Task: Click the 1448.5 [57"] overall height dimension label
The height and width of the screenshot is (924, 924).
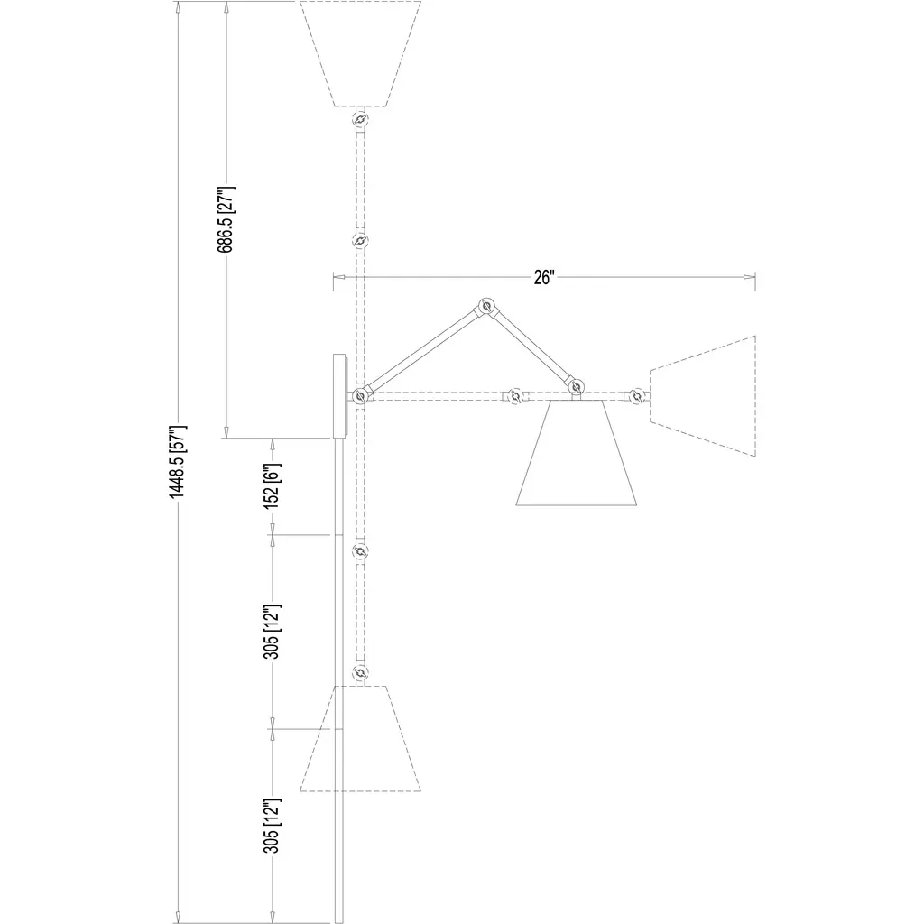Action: [x=178, y=461]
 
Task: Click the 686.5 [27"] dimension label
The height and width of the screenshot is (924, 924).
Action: [x=226, y=219]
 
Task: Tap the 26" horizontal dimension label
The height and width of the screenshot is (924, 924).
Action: [x=544, y=277]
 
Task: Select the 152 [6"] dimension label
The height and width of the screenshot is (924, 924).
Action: [x=273, y=486]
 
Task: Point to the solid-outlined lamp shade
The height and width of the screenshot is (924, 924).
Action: [x=577, y=453]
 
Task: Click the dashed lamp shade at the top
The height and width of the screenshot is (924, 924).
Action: [x=360, y=53]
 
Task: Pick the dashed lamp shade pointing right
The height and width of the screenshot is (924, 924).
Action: [x=702, y=396]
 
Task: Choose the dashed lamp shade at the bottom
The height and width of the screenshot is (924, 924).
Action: [x=360, y=738]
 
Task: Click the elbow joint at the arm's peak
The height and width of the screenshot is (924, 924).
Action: [x=486, y=306]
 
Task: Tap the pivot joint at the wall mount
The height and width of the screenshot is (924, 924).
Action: [x=360, y=396]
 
